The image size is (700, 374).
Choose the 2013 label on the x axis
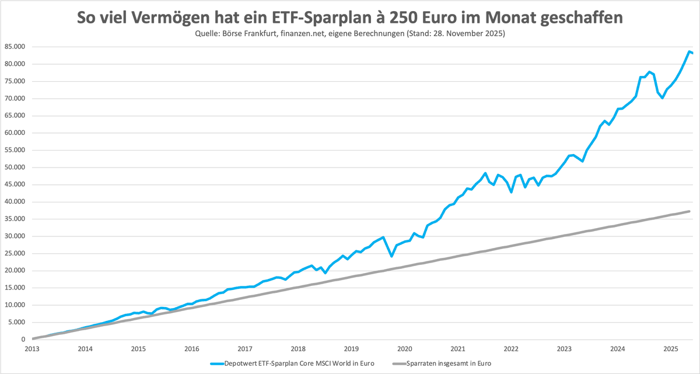coord(33,349)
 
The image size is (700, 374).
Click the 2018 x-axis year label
coord(298,349)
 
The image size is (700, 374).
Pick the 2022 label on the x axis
coord(511,349)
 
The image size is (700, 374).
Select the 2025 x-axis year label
coord(670,349)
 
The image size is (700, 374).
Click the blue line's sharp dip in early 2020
coord(391,256)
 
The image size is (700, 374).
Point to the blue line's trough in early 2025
coord(662,98)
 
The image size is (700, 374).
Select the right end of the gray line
coord(690,211)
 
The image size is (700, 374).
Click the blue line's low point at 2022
coord(511,192)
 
